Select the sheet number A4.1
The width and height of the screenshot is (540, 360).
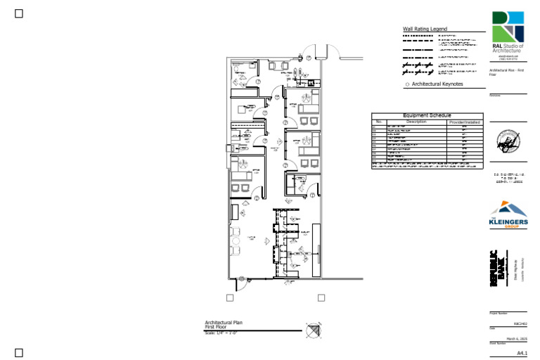click(x=521, y=352)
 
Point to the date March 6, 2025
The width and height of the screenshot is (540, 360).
click(x=516, y=338)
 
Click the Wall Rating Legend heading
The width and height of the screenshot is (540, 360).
click(x=425, y=29)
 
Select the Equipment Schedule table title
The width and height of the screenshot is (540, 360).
click(x=427, y=115)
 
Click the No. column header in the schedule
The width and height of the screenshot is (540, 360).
click(x=378, y=122)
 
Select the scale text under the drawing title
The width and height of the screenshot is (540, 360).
click(x=221, y=333)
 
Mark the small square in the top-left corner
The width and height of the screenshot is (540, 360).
click(x=19, y=13)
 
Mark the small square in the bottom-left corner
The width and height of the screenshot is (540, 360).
click(x=19, y=352)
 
